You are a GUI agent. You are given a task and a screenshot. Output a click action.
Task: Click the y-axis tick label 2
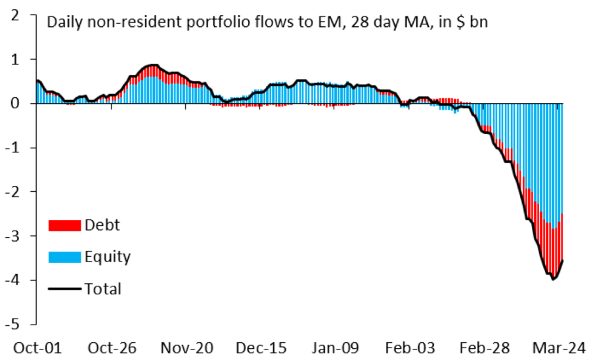[x=15, y=15]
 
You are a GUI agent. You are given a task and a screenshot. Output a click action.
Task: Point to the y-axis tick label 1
[x=15, y=59]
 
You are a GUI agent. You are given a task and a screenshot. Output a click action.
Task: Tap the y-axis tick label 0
[x=15, y=103]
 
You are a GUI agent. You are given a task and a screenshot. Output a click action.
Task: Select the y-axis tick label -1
[x=12, y=148]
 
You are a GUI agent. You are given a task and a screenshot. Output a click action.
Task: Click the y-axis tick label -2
[x=12, y=192]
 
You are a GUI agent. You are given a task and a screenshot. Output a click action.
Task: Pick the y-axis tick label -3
[x=12, y=236]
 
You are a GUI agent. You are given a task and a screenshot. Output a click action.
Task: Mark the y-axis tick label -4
[x=12, y=281]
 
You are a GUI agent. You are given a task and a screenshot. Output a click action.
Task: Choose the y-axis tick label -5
[x=12, y=325]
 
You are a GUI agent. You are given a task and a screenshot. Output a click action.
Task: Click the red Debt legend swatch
[x=64, y=225]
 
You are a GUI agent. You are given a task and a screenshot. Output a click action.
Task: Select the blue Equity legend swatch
[x=64, y=257]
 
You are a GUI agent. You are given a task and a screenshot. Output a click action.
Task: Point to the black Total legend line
[x=64, y=288]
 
